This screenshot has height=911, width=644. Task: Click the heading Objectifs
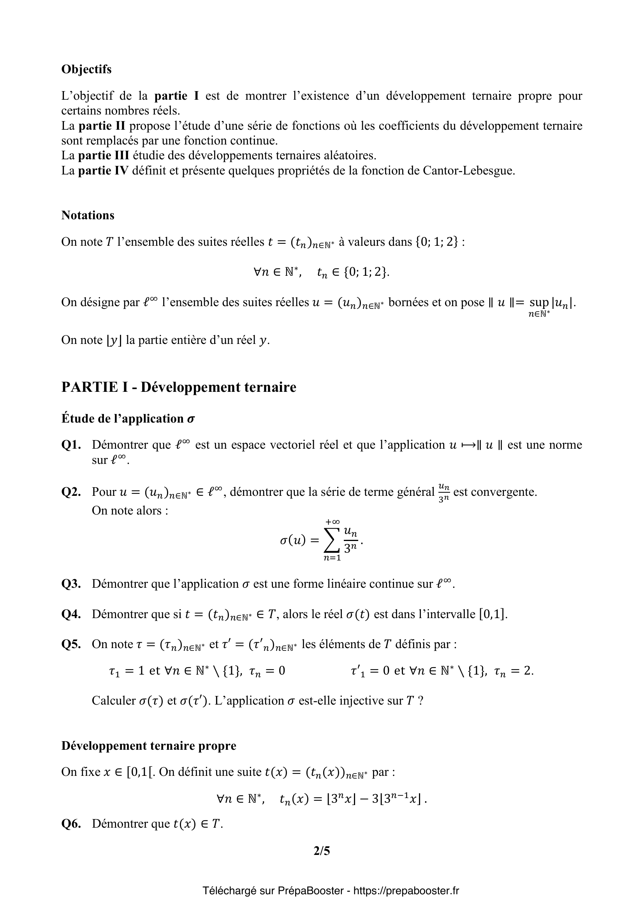coord(86,69)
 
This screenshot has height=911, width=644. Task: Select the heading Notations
coord(88,215)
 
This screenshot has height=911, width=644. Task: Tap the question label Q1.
coord(71,445)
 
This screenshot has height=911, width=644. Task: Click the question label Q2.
coord(71,492)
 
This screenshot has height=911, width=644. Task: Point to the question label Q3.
coord(71,584)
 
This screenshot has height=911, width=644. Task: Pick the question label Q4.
coord(71,614)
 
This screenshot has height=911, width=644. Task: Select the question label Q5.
coord(71,644)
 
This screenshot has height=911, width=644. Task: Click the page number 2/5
coord(322,851)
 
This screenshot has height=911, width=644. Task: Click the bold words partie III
coord(104,155)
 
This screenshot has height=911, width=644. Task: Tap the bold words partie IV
coord(103,171)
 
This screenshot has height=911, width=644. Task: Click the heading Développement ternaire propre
coord(149,745)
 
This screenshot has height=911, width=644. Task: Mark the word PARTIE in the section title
coord(89,387)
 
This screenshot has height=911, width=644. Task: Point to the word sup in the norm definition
coord(539,302)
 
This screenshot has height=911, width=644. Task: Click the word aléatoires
coord(347,155)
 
